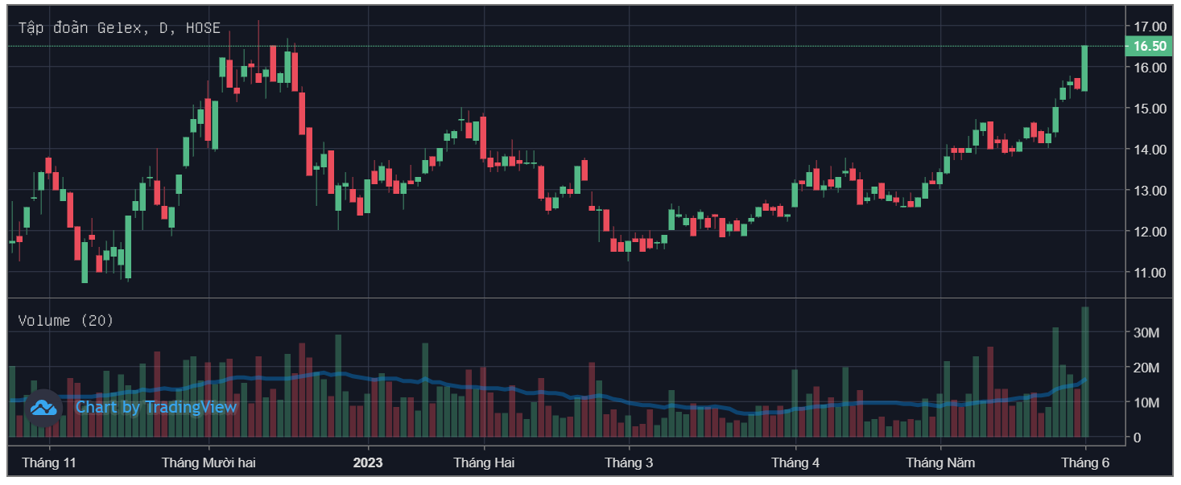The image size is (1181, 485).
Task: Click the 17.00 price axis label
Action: [x=1150, y=27]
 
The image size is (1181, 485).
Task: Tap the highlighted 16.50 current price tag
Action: [x=1150, y=47]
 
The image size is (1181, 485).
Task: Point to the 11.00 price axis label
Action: [x=1150, y=273]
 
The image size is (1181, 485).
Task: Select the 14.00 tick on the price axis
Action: [x=1150, y=150]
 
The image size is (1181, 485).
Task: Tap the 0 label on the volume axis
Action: [x=1138, y=438]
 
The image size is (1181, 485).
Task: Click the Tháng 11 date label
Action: [x=49, y=462]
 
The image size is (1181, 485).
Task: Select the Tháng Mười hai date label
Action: [x=209, y=462]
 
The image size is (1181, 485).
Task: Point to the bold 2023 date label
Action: [x=368, y=462]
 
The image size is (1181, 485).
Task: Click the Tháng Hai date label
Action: [x=484, y=462]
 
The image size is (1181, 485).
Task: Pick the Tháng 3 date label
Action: [x=629, y=462]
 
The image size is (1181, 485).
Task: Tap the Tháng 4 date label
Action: [x=795, y=462]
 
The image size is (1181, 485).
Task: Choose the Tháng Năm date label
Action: [x=940, y=462]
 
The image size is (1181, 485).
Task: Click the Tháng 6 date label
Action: [x=1085, y=462]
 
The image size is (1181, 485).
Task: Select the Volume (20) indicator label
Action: [x=66, y=321]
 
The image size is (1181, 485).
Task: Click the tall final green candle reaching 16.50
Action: [x=1085, y=68]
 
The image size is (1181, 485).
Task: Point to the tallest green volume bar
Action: [x=1085, y=372]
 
